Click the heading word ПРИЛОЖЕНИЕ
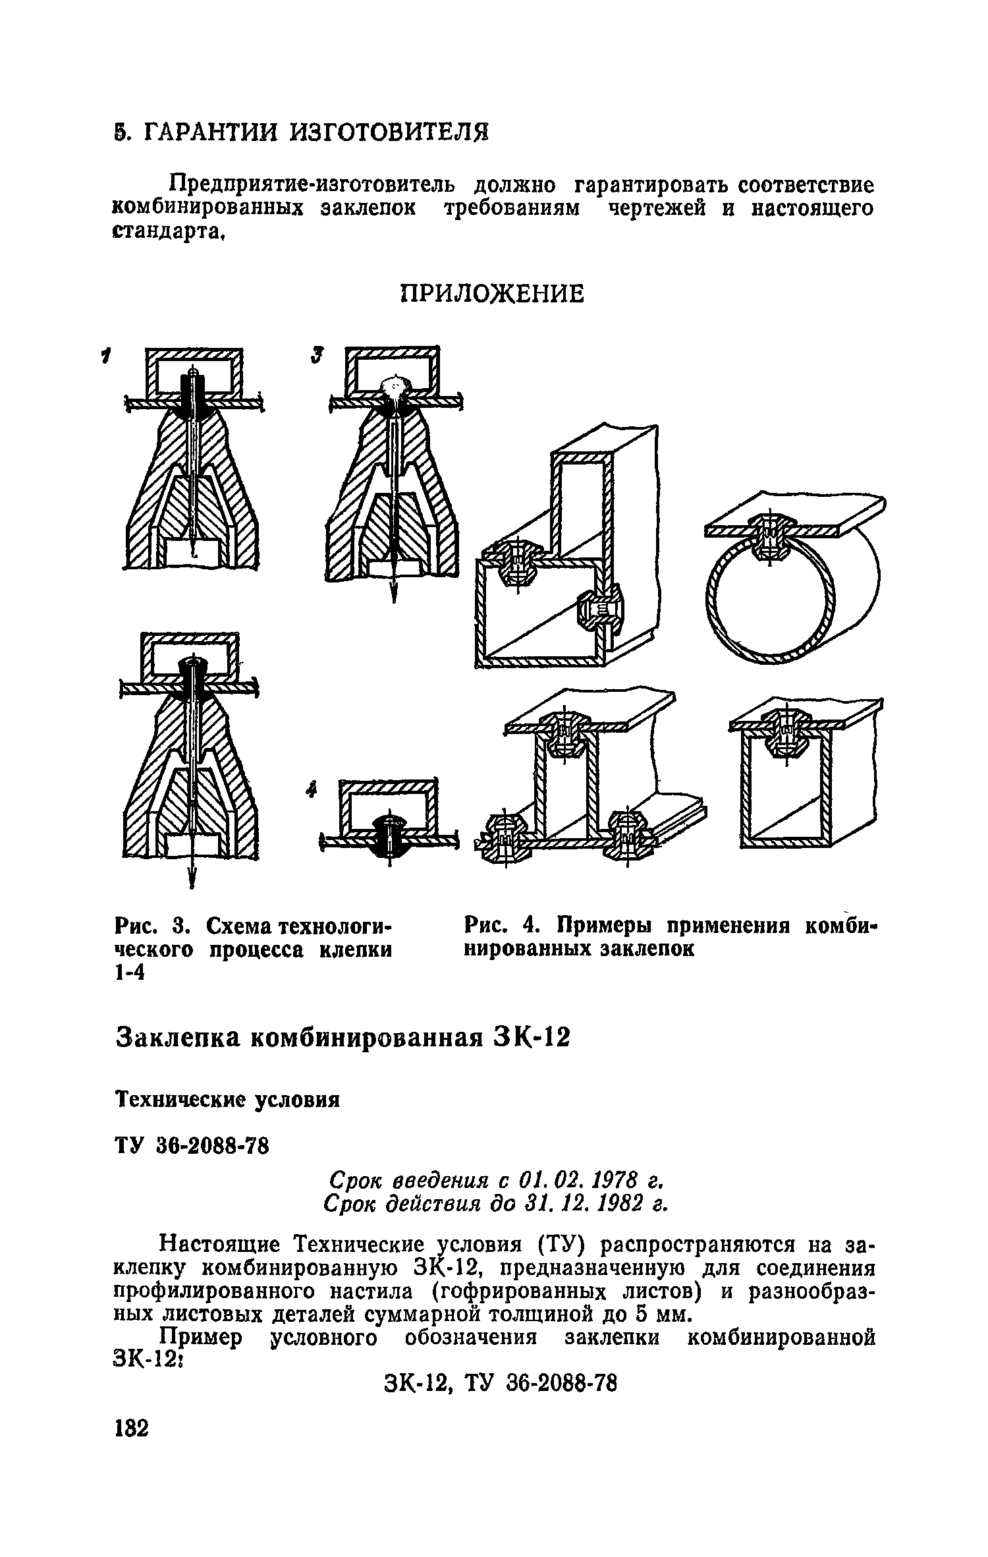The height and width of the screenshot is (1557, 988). [493, 293]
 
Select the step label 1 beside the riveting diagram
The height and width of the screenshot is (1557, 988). [103, 357]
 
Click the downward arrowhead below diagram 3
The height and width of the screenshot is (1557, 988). [394, 594]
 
